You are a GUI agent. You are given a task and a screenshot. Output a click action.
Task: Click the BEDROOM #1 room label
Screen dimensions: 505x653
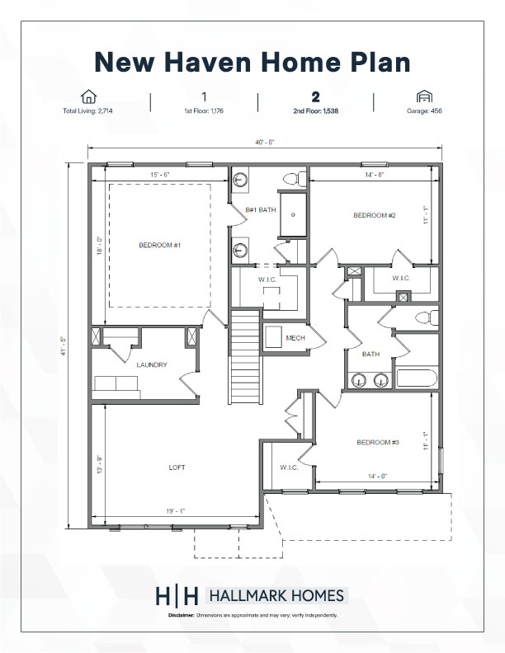pos(159,246)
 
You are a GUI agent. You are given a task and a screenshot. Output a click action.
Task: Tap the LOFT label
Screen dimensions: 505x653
pos(177,467)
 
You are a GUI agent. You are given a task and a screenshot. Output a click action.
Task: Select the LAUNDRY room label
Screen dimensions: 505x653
pos(152,364)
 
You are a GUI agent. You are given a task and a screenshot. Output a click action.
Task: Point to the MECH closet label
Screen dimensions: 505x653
pos(295,338)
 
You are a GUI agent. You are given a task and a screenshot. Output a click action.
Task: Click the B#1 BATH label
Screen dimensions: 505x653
pos(261,210)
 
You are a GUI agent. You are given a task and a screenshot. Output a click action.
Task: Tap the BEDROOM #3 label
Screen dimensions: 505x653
pos(378,442)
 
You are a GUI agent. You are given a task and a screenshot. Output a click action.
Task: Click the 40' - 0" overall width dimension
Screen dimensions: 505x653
pos(265,143)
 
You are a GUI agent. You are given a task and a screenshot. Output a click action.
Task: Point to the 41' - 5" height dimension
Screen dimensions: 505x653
pos(64,346)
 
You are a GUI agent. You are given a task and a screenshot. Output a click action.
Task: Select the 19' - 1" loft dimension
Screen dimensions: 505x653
pos(176,511)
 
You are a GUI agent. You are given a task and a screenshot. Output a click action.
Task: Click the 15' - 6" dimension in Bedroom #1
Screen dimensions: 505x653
pos(160,175)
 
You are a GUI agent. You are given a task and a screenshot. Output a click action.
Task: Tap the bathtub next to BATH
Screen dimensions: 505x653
pos(416,378)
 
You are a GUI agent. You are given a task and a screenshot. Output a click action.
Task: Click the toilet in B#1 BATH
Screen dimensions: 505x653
pos(295,179)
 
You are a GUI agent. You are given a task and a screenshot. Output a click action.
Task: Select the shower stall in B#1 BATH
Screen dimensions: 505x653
pos(293,214)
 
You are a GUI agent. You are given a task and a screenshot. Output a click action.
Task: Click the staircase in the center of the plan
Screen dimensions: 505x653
pos(246,356)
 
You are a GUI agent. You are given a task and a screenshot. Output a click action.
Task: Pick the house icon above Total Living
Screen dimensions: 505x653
pos(88,96)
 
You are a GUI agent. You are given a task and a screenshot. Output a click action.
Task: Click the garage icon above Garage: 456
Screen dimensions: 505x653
pos(424,96)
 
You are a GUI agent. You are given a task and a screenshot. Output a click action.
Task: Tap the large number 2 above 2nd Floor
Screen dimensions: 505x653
pos(316,97)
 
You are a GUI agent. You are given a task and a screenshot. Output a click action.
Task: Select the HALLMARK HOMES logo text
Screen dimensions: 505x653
pos(276,596)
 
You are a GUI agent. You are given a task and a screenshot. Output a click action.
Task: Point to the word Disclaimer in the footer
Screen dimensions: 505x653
pos(182,615)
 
